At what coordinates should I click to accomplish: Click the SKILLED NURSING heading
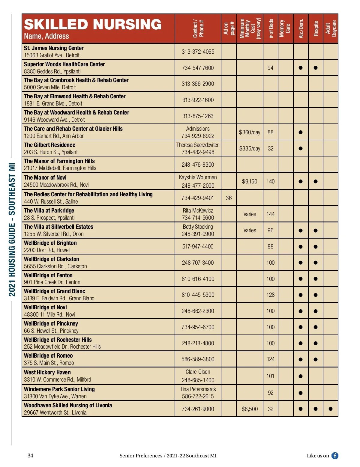click(93, 25)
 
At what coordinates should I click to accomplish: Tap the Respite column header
click(316, 29)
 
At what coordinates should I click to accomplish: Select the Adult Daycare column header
click(331, 29)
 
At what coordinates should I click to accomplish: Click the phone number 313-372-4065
click(198, 52)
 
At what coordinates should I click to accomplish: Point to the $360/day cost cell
click(250, 132)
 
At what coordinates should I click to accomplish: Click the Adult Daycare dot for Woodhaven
click(331, 409)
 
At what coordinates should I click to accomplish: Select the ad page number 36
click(229, 198)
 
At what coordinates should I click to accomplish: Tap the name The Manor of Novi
click(45, 177)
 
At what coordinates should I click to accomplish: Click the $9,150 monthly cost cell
click(250, 181)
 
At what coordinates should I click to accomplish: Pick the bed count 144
click(270, 214)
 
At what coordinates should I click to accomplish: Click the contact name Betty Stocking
click(198, 227)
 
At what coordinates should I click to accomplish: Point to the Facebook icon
click(335, 456)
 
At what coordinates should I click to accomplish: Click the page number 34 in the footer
click(30, 456)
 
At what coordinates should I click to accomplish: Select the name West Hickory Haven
click(47, 372)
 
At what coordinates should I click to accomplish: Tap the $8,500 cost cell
click(250, 409)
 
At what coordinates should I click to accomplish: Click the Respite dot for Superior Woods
click(316, 68)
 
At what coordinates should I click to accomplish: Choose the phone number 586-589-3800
click(198, 359)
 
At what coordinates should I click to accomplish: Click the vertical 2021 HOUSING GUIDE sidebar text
click(12, 230)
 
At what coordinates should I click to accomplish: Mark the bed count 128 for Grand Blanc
click(270, 295)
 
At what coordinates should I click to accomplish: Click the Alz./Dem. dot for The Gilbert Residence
click(301, 148)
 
